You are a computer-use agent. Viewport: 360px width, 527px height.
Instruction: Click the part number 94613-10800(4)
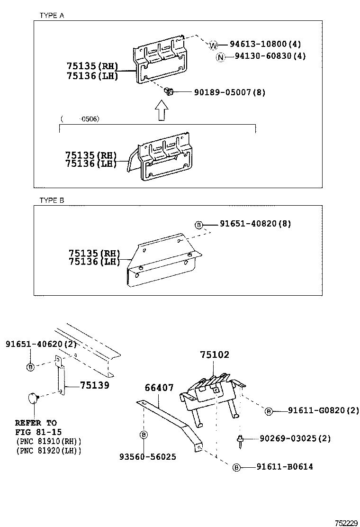265,45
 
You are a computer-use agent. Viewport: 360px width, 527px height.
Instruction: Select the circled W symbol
213,45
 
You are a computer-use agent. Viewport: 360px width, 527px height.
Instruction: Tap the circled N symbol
220,56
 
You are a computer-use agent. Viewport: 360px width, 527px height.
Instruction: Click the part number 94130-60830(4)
270,56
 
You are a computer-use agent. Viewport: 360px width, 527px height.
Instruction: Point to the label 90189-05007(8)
229,92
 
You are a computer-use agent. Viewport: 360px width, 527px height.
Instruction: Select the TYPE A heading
51,15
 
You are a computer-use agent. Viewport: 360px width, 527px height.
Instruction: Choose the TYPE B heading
51,200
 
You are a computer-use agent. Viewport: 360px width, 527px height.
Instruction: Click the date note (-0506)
80,119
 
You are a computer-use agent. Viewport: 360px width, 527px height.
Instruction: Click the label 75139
95,385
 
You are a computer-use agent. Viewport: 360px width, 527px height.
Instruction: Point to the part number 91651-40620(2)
34,343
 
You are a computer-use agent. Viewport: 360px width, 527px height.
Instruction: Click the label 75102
214,355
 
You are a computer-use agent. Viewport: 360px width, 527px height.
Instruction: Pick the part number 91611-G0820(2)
324,410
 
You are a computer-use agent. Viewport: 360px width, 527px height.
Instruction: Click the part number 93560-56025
148,457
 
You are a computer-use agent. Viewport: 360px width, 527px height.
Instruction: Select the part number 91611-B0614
285,467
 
